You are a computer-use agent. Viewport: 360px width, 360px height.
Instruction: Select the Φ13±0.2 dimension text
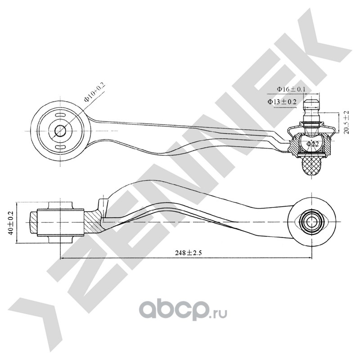282,102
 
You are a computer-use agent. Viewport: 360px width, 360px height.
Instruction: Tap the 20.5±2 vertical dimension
346,122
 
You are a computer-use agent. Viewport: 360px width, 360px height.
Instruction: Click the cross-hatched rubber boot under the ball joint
312,166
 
